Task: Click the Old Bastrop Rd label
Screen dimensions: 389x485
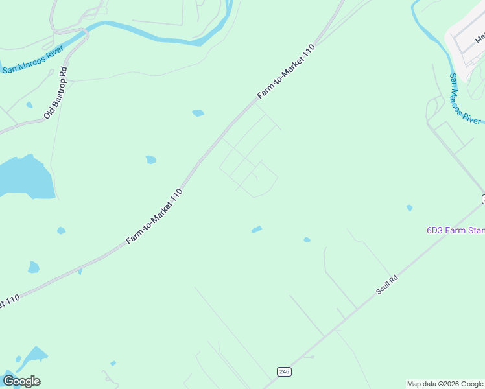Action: [x=56, y=92]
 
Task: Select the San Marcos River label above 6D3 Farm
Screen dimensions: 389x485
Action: [x=465, y=99]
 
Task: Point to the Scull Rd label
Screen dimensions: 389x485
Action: [x=386, y=285]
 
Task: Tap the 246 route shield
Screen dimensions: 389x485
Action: [x=283, y=371]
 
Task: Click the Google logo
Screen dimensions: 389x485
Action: [x=21, y=381]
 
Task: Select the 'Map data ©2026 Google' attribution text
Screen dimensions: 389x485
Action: [x=445, y=384]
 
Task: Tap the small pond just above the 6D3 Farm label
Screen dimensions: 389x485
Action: [x=409, y=208]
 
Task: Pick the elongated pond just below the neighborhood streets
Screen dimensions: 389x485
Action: [x=257, y=230]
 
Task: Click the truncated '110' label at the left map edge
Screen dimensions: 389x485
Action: [x=9, y=301]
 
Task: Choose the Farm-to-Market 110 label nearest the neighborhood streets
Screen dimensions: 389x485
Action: [x=286, y=72]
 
